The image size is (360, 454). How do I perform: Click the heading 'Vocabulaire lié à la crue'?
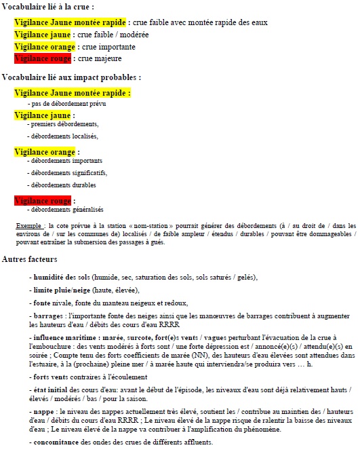point(48,7)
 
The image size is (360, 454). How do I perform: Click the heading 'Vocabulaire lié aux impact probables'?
point(71,78)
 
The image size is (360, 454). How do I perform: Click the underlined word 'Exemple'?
point(29,225)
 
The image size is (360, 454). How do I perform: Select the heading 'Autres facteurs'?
point(30,259)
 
